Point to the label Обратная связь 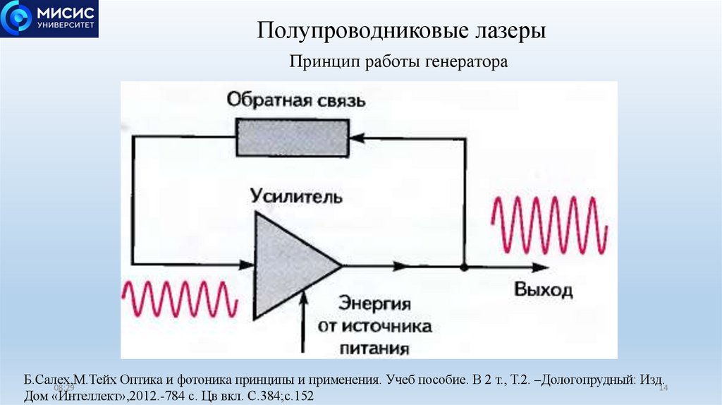pyautogui.click(x=296, y=99)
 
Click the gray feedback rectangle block pyautogui.click(x=291, y=137)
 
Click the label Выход pyautogui.click(x=543, y=290)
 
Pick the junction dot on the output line pyautogui.click(x=464, y=267)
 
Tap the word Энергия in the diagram pyautogui.click(x=374, y=304)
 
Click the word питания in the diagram pyautogui.click(x=374, y=349)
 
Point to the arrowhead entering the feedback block pyautogui.click(x=356, y=138)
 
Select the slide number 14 pyautogui.click(x=663, y=389)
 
